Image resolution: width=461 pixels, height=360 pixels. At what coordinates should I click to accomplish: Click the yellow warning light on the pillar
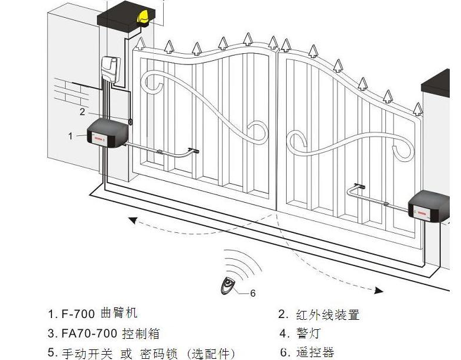(143, 18)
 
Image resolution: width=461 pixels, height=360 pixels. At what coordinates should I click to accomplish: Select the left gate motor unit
(108, 133)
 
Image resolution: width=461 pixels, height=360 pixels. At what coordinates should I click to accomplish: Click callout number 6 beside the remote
(253, 293)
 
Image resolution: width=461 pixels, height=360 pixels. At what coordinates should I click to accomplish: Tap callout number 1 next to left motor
(70, 136)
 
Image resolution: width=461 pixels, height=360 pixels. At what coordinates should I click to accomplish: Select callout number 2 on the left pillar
(82, 111)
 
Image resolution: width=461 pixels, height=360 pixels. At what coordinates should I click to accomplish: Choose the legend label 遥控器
(316, 353)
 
